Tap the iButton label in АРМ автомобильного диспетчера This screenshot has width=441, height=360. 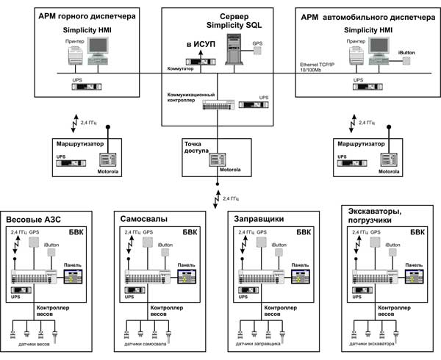point(409,52)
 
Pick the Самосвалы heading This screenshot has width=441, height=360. point(142,220)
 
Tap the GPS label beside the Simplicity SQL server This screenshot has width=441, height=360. point(257,43)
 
